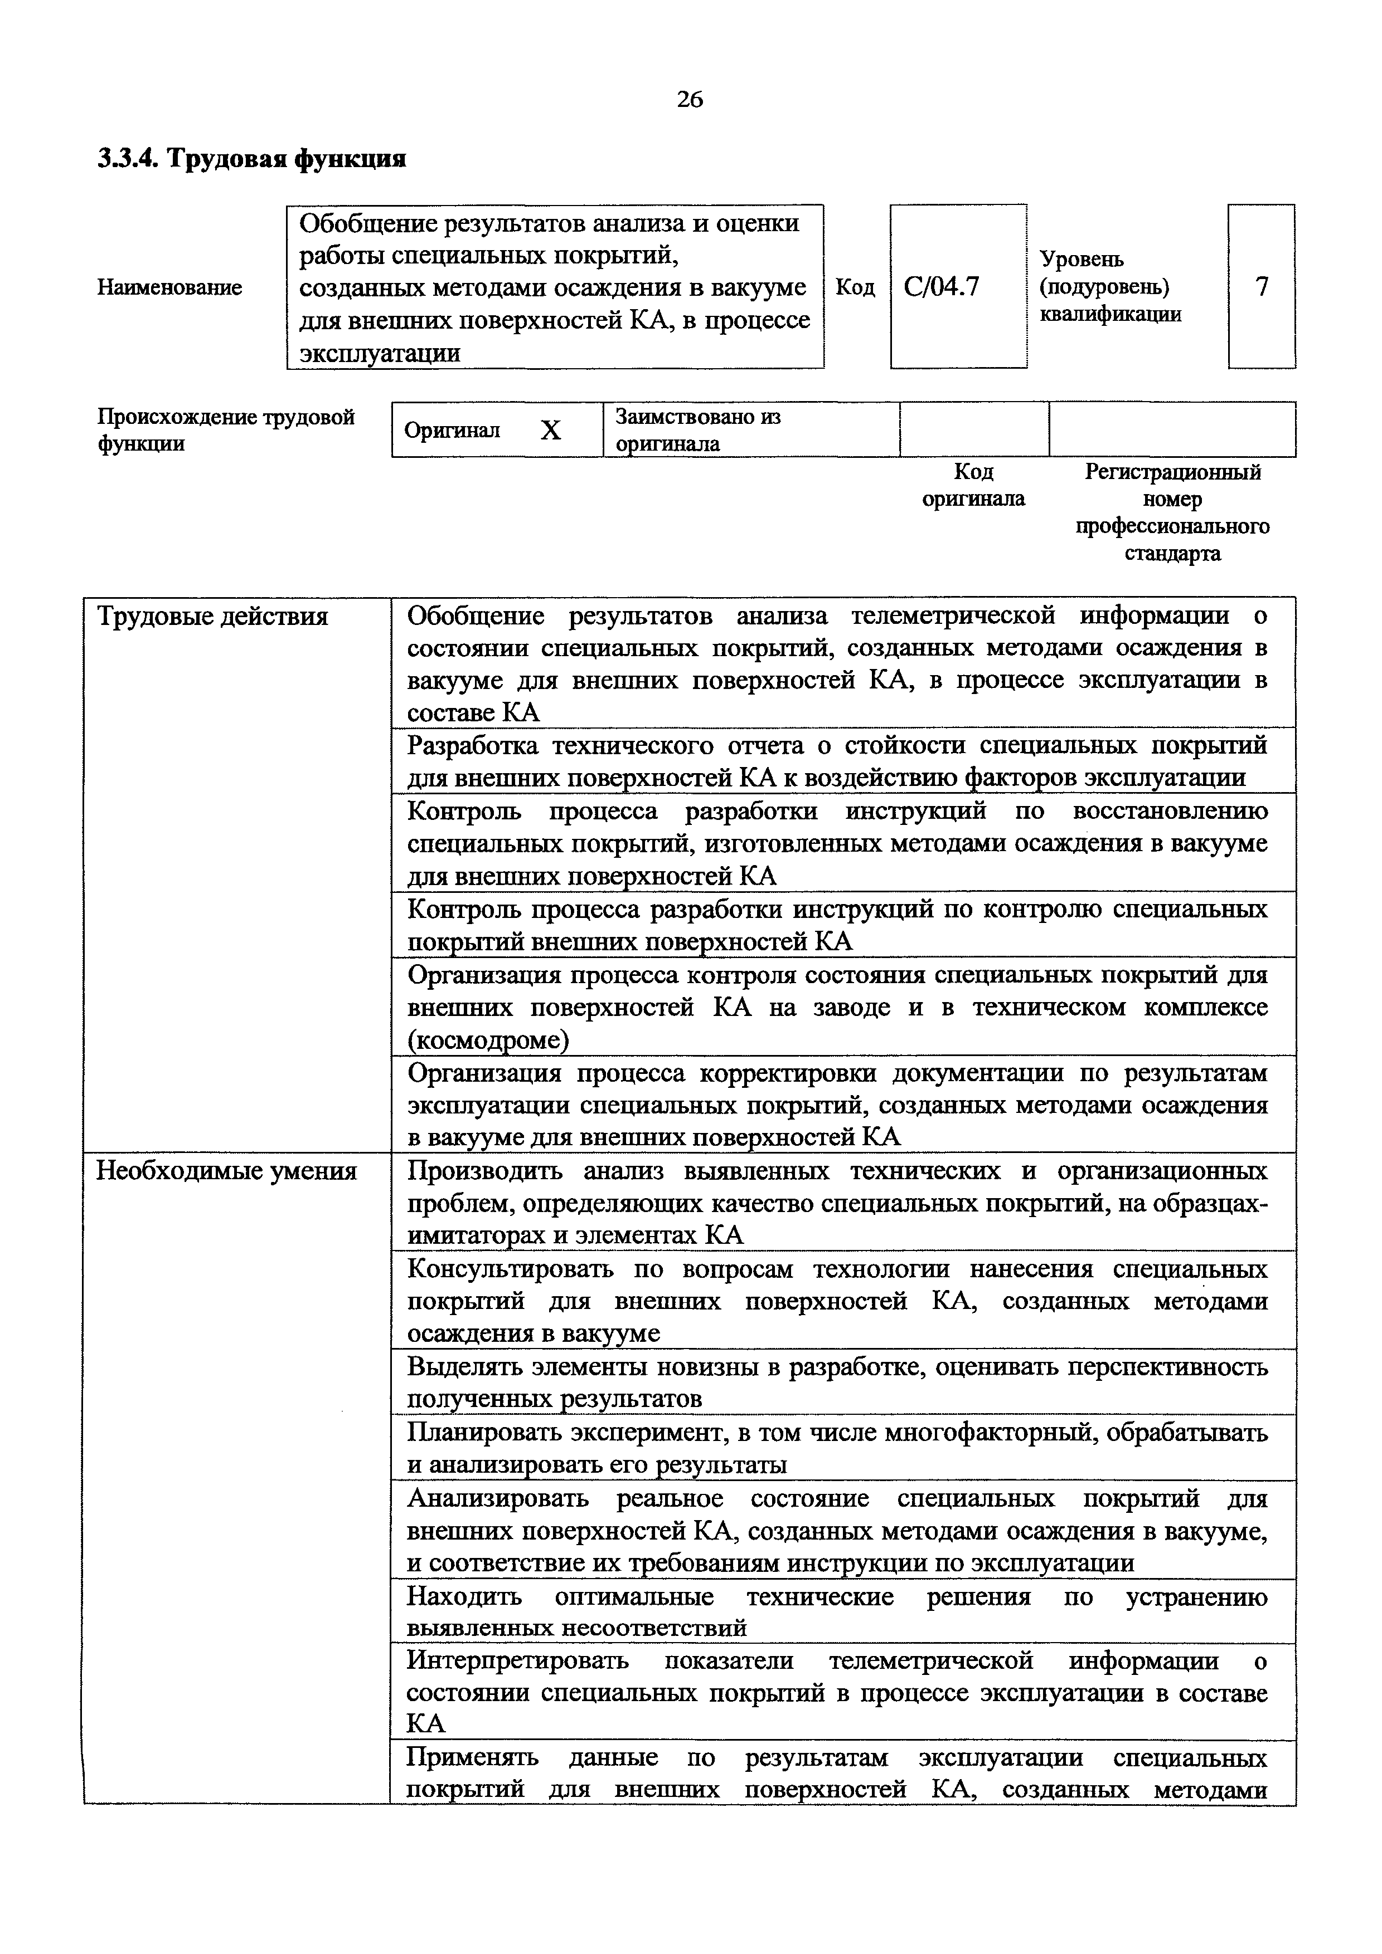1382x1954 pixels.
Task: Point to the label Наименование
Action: point(169,287)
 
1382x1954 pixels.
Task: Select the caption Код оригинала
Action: point(973,485)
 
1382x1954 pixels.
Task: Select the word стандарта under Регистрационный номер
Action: point(1172,554)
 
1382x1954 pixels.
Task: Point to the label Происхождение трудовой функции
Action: point(226,430)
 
